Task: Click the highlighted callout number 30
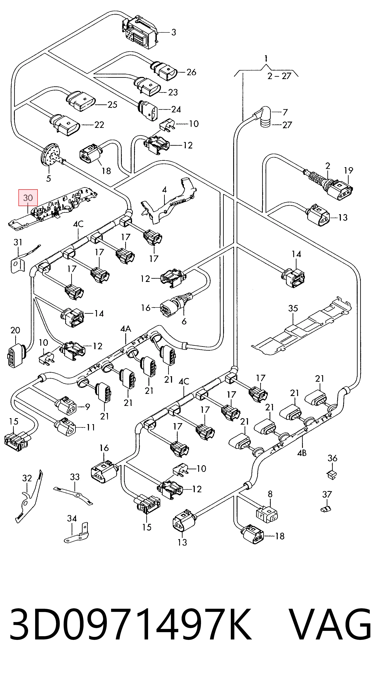point(28,197)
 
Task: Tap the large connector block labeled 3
point(139,32)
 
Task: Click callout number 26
point(191,72)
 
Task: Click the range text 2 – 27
point(280,76)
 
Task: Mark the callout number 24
point(176,109)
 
